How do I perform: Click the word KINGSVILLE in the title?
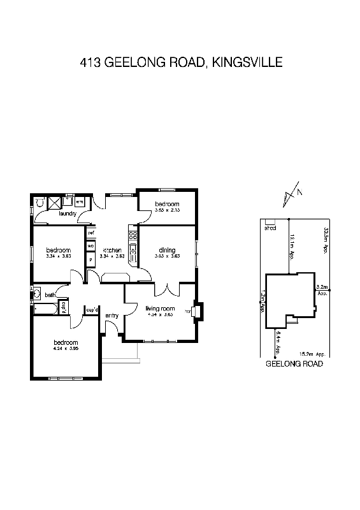[x=248, y=62]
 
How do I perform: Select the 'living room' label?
[x=160, y=309]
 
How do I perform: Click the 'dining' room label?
[x=167, y=250]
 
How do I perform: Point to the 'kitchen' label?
[x=112, y=250]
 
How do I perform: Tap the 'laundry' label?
[x=68, y=214]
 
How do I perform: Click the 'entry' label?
[x=112, y=315]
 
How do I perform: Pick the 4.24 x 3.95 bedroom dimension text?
[x=66, y=349]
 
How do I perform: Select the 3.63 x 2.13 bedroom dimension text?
[x=168, y=210]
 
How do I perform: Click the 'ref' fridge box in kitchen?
[x=91, y=233]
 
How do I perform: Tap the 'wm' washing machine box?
[x=71, y=202]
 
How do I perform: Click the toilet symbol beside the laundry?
[x=40, y=203]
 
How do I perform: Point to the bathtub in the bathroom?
[x=45, y=309]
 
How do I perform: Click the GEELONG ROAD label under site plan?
[x=294, y=364]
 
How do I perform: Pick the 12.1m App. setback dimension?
[x=292, y=246]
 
